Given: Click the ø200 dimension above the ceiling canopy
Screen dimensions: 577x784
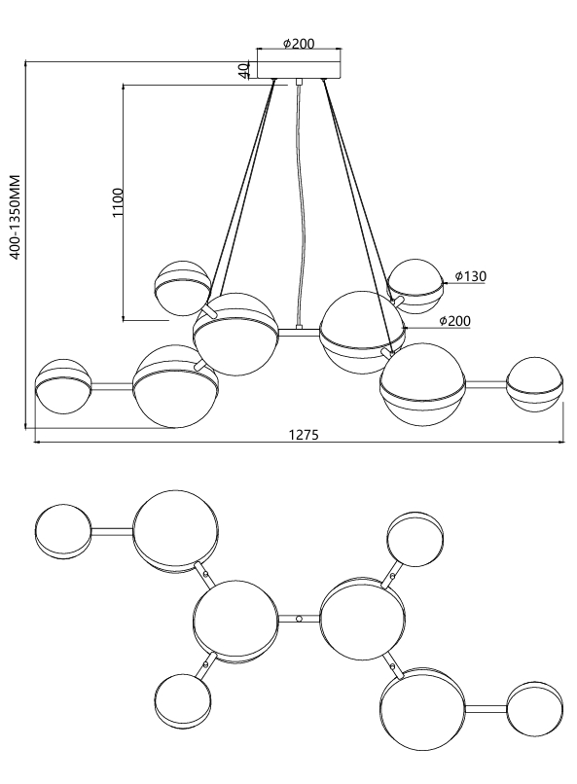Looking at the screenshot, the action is coord(299,44).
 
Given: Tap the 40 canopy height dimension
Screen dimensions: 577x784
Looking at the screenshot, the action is coord(243,70).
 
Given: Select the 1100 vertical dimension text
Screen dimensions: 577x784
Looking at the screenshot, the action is coord(118,202).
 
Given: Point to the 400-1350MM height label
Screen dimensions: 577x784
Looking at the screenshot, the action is coord(15,217).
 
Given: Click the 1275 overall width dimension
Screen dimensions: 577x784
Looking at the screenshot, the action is coord(304,435).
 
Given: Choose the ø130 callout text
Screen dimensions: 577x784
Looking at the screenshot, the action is coord(471,276).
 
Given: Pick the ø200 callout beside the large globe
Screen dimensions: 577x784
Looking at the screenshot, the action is coord(455,320).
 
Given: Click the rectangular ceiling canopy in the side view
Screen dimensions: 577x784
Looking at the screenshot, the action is coord(300,70).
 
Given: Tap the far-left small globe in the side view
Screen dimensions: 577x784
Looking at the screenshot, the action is coord(63,386).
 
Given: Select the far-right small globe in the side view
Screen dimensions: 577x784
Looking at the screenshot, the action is coord(534,384).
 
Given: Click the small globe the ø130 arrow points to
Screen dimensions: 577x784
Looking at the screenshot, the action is coord(415,287).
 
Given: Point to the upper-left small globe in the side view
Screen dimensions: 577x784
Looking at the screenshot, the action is coord(183,288).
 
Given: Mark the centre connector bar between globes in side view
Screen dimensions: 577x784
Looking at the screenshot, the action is coord(299,332).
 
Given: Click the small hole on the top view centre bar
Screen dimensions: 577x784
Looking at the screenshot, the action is coord(299,619).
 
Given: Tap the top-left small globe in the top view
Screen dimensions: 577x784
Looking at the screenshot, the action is coord(63,531).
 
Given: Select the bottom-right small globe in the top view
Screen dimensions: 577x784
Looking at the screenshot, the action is coord(535,709).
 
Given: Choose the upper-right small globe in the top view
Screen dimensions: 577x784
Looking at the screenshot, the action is coord(415,539).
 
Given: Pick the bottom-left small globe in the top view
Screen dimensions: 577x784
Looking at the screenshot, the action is coord(183,701).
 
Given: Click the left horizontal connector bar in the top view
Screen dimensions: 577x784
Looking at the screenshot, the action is coord(113,531).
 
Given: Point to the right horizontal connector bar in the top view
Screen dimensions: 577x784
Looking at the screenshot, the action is coord(486,709).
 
